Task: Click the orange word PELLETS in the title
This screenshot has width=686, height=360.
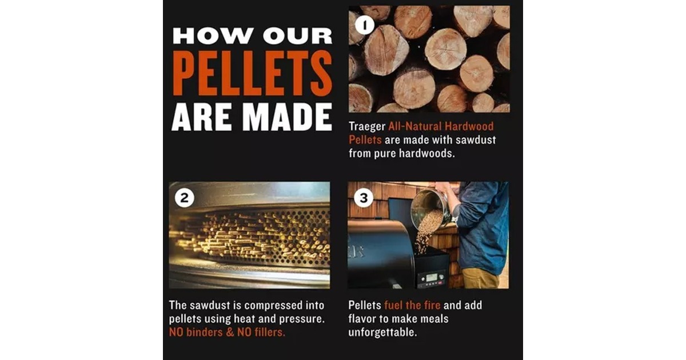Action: click(x=252, y=73)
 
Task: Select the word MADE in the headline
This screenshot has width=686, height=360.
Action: click(x=289, y=117)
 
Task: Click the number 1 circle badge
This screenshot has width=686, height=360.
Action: click(x=365, y=25)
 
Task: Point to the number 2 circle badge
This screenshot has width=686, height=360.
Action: click(x=184, y=198)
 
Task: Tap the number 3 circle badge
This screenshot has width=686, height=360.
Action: click(x=364, y=198)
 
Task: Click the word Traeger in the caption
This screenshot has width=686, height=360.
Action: click(x=367, y=126)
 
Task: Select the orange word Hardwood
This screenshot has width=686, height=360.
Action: click(x=469, y=126)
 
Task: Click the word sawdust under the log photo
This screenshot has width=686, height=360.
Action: click(x=476, y=140)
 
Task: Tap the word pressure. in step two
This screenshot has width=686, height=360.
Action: click(x=302, y=319)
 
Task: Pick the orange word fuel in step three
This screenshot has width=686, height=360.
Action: click(x=393, y=305)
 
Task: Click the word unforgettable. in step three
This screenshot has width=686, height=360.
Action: click(x=382, y=332)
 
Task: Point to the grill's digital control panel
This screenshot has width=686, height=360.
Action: click(x=432, y=279)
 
